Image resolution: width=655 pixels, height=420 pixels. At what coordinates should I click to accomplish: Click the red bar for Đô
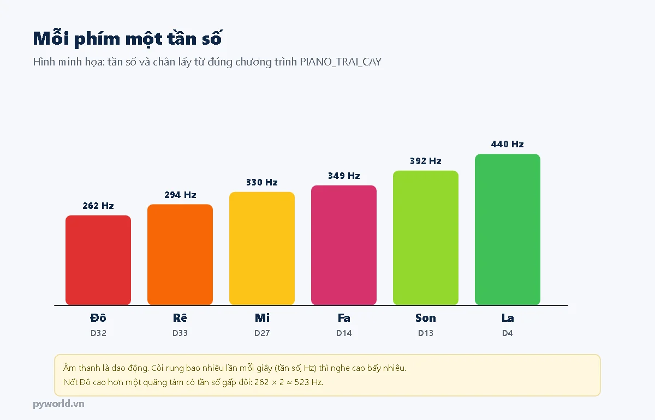coord(98,260)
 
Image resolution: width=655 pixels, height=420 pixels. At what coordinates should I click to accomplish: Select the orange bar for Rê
coord(180,255)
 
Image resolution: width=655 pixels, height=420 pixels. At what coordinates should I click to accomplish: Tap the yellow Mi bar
coord(262,248)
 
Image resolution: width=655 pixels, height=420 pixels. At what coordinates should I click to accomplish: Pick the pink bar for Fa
coord(344,245)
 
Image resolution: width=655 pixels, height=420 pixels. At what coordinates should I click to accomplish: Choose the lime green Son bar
coord(426,238)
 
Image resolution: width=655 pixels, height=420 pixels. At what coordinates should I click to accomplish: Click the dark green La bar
coord(508,230)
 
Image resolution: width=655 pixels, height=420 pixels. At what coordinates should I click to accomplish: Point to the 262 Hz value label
coord(98,206)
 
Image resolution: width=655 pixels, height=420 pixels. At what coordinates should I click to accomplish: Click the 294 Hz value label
coord(180,195)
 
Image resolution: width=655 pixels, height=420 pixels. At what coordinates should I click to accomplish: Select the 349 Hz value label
coord(344,176)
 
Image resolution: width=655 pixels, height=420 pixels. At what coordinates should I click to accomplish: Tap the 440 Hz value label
coord(507,144)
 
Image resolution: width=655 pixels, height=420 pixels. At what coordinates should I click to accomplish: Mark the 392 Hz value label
coord(425,161)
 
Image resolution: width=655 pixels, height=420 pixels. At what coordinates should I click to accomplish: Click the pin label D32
coord(98,333)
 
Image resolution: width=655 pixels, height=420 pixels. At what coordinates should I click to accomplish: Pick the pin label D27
coord(262,333)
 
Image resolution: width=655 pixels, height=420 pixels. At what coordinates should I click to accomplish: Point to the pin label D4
coord(507,333)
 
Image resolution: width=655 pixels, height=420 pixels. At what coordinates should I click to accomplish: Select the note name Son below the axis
coord(425,318)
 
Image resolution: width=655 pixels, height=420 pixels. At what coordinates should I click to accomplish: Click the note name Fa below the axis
coord(344,318)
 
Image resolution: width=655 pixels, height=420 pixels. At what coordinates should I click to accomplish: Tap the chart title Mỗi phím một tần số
coord(128,39)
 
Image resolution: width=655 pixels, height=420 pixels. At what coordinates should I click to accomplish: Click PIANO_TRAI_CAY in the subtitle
coord(341,62)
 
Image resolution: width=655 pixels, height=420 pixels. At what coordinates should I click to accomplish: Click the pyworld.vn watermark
coord(58,404)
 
